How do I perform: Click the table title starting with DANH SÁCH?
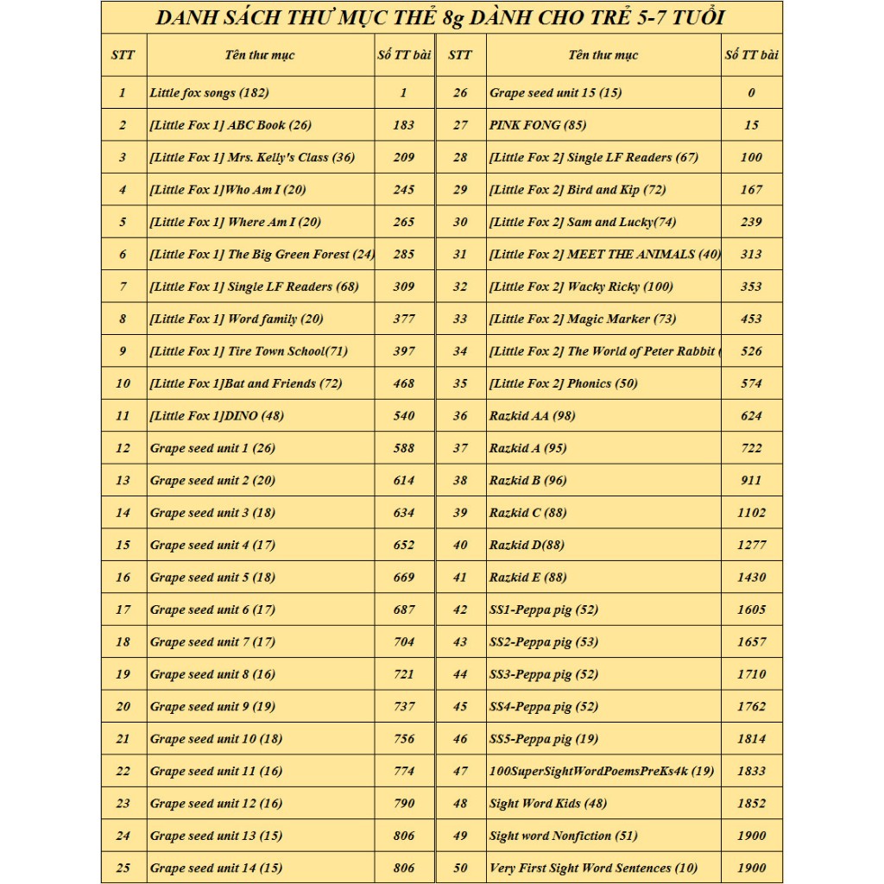(441, 17)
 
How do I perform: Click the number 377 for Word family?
(404, 319)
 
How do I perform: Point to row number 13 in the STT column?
(123, 480)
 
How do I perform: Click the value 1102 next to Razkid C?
(751, 512)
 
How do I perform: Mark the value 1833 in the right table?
(751, 771)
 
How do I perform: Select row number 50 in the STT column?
(460, 868)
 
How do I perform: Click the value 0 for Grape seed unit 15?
(751, 92)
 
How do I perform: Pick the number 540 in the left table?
(404, 415)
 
